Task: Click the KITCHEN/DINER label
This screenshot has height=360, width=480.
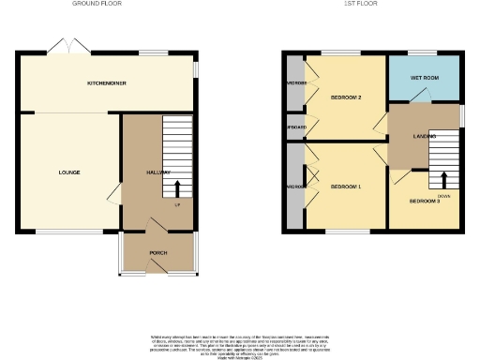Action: click(x=107, y=83)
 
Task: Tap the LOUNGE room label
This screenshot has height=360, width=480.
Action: click(x=68, y=172)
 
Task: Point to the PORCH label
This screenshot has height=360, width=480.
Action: click(x=158, y=253)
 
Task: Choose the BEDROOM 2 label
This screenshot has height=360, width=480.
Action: click(x=346, y=97)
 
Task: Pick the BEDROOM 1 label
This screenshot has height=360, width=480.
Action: click(x=346, y=187)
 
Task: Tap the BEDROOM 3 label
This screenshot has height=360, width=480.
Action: click(x=424, y=201)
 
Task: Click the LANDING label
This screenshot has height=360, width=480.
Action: click(x=425, y=137)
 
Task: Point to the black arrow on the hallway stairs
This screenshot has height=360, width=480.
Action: click(x=177, y=189)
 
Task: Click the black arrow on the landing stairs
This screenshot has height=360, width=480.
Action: click(x=444, y=178)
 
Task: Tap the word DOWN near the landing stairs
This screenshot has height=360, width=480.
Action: click(x=443, y=195)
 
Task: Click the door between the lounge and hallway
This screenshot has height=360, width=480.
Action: click(x=114, y=193)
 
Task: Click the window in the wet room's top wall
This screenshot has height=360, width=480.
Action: click(x=421, y=52)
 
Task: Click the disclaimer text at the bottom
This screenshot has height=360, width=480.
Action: click(x=240, y=343)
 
